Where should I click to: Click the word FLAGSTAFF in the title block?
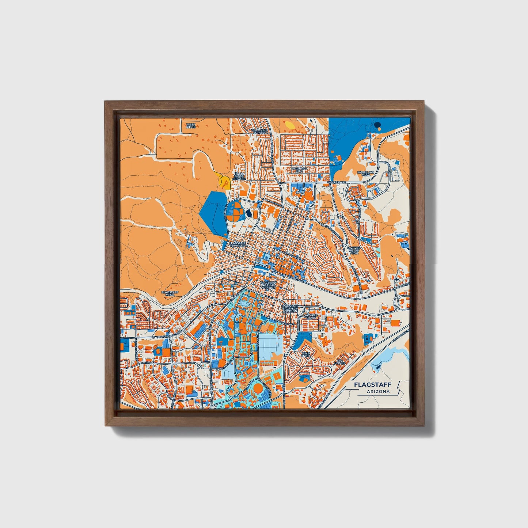click(x=372, y=384)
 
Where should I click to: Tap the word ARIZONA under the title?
click(x=379, y=391)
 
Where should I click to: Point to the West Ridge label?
click(x=191, y=125)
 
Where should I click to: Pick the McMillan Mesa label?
click(x=364, y=174)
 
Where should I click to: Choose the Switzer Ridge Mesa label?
click(x=354, y=250)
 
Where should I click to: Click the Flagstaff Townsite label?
click(x=238, y=243)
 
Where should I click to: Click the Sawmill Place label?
click(x=311, y=316)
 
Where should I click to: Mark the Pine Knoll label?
click(x=305, y=354)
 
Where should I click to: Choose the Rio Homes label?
click(x=339, y=361)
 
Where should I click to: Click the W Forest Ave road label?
click(x=337, y=182)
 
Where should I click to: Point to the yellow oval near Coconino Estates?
click(x=289, y=125)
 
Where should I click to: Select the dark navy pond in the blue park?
click(x=377, y=126)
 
